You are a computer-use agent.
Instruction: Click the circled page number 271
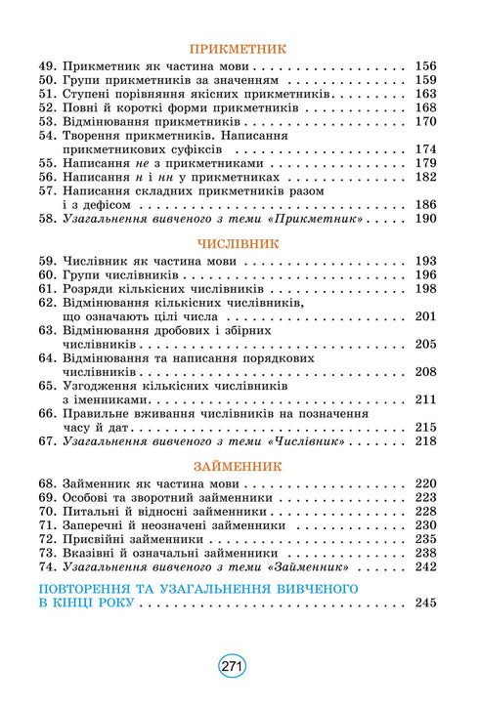pos(232,667)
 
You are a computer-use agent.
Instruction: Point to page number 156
pos(425,66)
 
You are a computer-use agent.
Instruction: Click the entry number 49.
pos(49,66)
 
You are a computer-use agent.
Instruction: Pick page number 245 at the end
pos(425,604)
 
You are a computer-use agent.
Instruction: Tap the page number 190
pos(425,220)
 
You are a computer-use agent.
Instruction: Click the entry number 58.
pos(49,220)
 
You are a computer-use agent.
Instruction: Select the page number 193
pos(425,263)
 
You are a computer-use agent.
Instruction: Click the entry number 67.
pos(49,441)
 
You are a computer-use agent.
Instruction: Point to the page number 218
pos(425,441)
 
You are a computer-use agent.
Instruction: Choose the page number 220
pos(425,484)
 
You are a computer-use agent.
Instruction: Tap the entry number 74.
pos(49,565)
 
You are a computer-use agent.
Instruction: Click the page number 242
pos(425,565)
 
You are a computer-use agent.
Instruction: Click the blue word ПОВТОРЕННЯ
pos(86,589)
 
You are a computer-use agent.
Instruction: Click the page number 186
pos(425,206)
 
